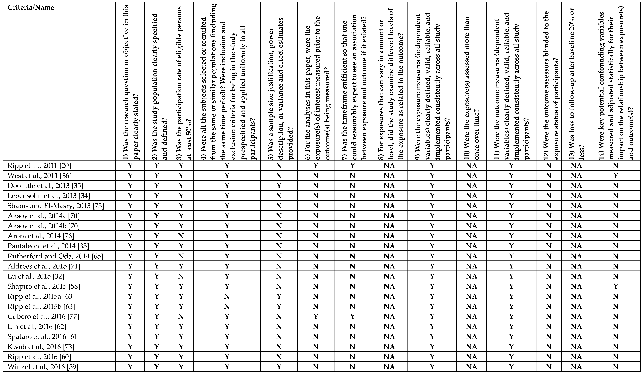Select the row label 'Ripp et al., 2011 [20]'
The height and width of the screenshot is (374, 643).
[x=39, y=166]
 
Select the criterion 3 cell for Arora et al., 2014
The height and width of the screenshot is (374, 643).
[x=181, y=236]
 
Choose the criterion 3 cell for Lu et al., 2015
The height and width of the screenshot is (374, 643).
[x=181, y=276]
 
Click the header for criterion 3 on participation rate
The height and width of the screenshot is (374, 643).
[x=181, y=82]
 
